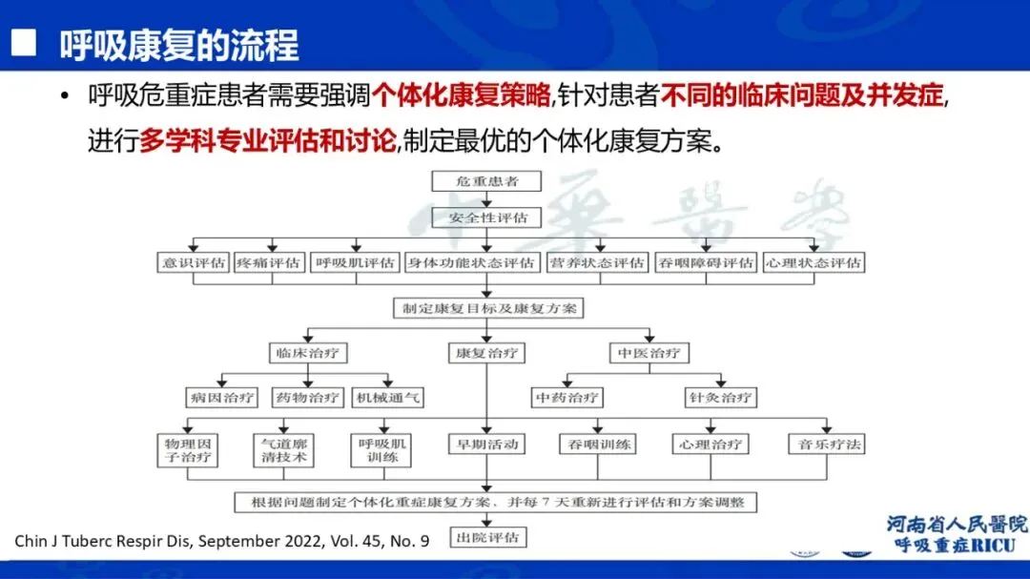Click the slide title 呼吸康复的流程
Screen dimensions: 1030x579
pos(179,45)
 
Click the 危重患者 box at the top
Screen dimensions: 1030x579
pos(487,180)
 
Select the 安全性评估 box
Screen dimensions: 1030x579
pos(487,217)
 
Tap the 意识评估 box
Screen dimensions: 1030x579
pos(194,262)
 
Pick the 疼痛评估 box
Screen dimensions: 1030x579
pos(270,262)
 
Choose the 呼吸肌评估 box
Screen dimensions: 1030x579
pos(355,262)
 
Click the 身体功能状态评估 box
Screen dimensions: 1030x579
pos(471,262)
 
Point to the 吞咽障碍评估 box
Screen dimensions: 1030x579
pos(706,262)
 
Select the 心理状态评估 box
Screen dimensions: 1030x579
pos(814,262)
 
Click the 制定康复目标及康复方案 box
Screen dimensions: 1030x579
pos(487,308)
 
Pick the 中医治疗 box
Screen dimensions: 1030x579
pos(649,353)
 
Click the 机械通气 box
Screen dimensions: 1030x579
pos(387,397)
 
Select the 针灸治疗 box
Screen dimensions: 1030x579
pos(720,397)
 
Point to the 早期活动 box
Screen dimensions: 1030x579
pos(487,444)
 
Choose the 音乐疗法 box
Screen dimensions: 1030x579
pos(826,444)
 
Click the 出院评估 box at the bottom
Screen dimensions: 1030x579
pos(487,538)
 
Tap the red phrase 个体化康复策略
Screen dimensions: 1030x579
pos(462,95)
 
